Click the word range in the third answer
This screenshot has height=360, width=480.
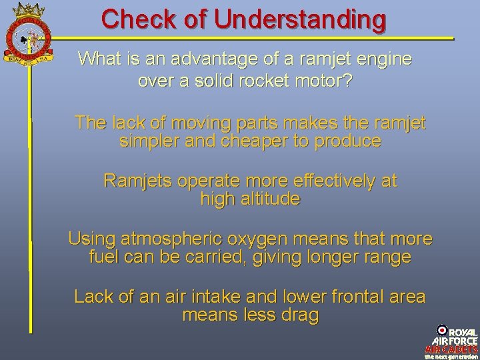387,257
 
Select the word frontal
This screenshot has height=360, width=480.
355,296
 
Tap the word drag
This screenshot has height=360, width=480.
301,314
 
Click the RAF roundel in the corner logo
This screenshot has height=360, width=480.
441,330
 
